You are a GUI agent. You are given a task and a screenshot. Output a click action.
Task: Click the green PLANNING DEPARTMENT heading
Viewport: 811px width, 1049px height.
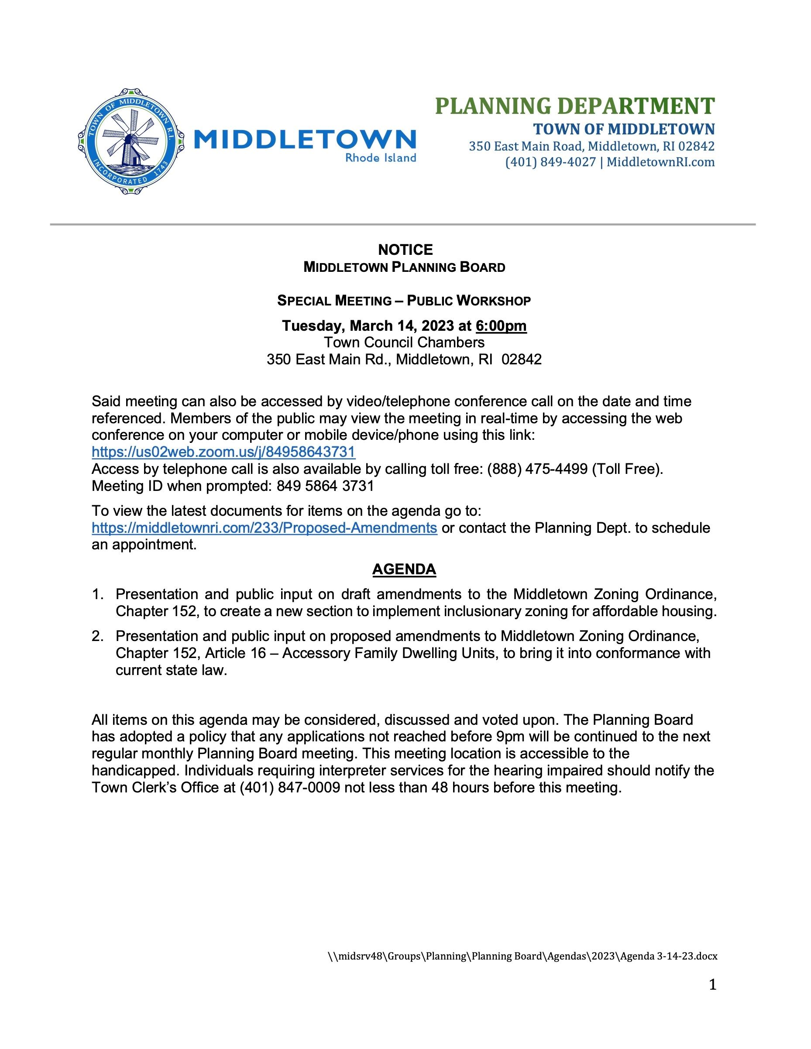[x=574, y=106]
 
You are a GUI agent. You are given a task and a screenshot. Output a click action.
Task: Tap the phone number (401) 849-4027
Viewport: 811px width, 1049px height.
[x=550, y=162]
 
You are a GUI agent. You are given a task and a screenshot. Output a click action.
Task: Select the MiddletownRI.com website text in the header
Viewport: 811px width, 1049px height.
[x=660, y=162]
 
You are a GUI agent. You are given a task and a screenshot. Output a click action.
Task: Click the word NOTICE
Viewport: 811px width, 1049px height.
[x=405, y=250]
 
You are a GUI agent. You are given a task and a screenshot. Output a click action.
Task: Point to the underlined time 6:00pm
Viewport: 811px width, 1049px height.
[x=501, y=326]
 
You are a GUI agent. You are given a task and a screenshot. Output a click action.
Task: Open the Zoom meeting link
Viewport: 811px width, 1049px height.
[x=223, y=452]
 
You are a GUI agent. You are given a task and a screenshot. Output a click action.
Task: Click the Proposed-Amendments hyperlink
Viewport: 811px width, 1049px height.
[x=264, y=528]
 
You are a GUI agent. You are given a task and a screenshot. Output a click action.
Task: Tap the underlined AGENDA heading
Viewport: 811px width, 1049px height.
[x=404, y=569]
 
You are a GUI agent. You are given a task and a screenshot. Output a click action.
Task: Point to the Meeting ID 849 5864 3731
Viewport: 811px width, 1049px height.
[x=325, y=486]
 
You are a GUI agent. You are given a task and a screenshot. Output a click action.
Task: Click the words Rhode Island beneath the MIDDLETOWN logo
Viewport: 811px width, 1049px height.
[x=381, y=158]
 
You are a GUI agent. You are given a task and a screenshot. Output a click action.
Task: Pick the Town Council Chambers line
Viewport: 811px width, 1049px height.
[x=404, y=343]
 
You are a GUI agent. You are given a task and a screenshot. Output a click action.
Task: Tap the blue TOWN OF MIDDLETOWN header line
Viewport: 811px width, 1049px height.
[x=624, y=129]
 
